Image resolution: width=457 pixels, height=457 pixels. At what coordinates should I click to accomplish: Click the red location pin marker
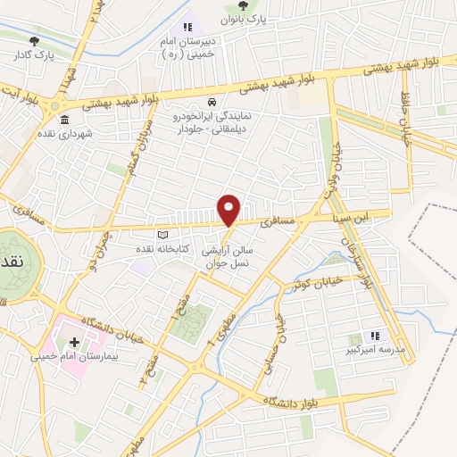[x=229, y=210]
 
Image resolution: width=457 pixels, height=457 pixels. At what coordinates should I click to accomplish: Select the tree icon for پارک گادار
[x=35, y=40]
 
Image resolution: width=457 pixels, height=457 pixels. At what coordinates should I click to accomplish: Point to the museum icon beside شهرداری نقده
[x=63, y=120]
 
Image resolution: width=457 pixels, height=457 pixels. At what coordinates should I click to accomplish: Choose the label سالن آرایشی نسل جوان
[x=229, y=247]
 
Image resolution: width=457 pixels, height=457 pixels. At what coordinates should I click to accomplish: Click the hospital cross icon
[x=73, y=342]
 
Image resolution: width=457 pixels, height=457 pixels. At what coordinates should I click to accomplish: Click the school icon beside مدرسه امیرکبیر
[x=375, y=336]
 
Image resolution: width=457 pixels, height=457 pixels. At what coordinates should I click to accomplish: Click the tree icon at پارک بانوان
[x=243, y=5]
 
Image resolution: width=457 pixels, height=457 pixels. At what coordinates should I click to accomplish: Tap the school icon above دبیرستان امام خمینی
[x=187, y=28]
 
